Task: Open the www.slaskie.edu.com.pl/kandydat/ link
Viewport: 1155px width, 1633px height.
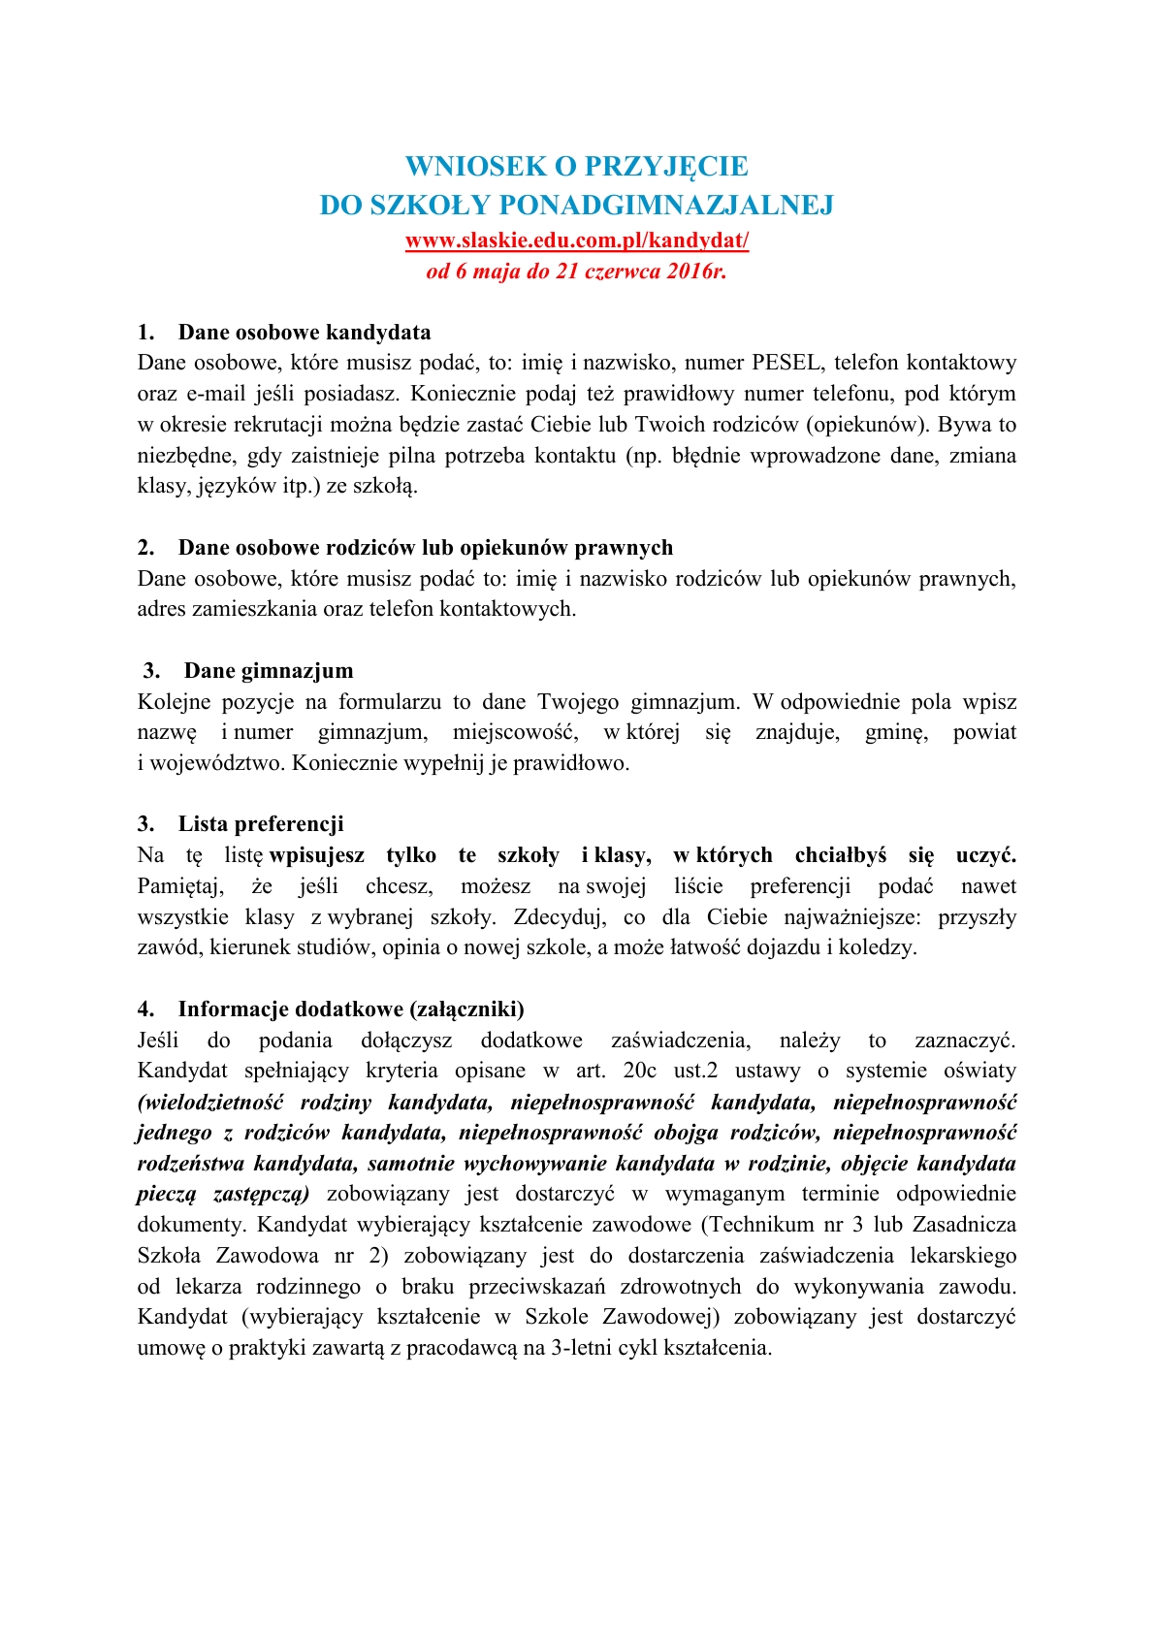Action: (x=577, y=240)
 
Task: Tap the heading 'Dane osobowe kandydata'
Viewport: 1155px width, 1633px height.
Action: (x=305, y=333)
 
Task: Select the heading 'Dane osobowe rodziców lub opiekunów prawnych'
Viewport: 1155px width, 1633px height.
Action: (x=426, y=548)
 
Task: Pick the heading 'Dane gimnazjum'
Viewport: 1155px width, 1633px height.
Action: (x=269, y=671)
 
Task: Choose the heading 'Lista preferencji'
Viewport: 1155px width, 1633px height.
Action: (x=261, y=824)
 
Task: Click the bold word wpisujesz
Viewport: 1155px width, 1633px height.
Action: (x=317, y=855)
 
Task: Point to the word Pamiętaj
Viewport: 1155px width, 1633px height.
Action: (x=180, y=886)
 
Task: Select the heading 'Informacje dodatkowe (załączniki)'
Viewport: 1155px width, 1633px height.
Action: (x=351, y=1009)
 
